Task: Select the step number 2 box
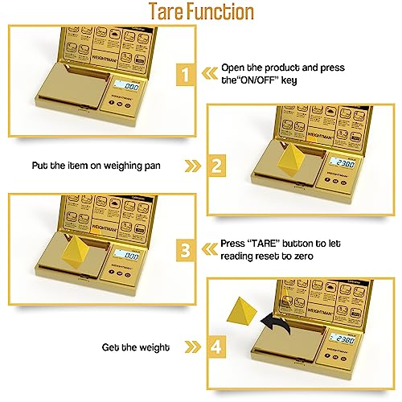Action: click(x=215, y=166)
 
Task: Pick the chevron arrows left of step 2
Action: click(x=192, y=166)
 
